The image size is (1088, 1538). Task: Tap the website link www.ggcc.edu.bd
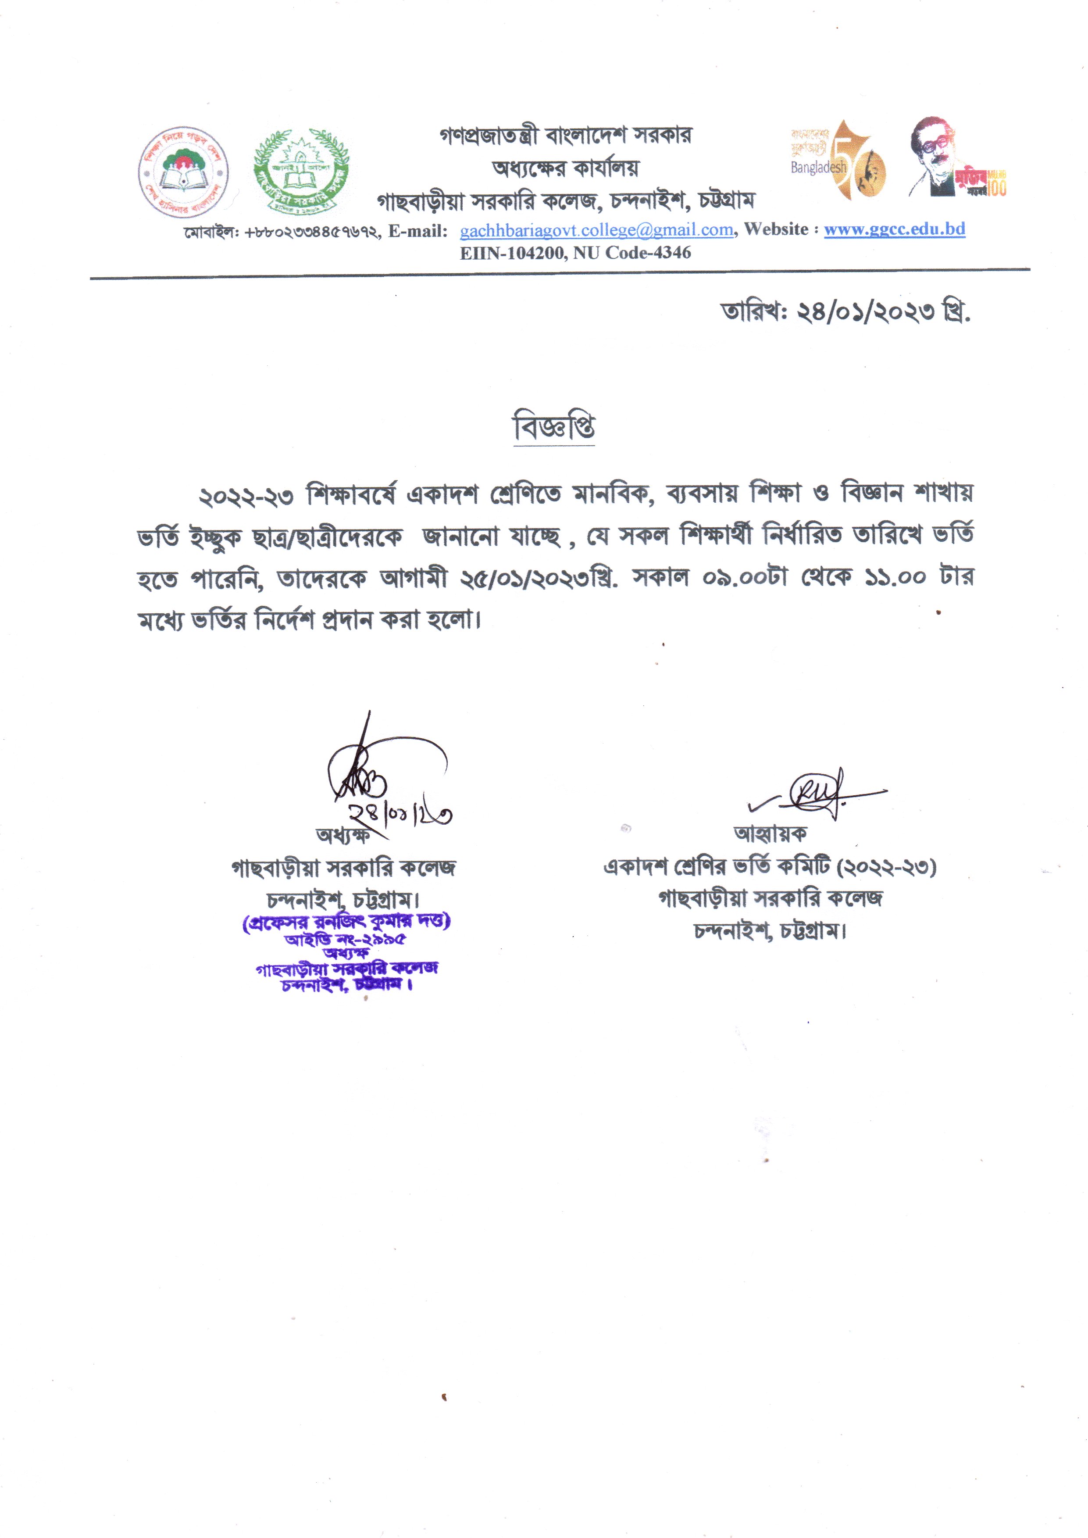[x=894, y=229]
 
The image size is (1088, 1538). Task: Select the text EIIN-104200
[x=512, y=253]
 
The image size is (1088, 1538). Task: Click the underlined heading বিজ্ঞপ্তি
[x=553, y=428]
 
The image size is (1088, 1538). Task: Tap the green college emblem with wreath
[x=301, y=170]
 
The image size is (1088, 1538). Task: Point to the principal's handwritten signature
[x=375, y=777]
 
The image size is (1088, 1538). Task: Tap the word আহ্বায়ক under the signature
[x=771, y=833]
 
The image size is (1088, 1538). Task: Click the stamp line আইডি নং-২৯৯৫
[x=345, y=939]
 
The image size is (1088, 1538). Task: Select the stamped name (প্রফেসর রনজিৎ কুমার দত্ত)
[x=346, y=922]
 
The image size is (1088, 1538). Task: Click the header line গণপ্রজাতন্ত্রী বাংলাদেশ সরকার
[x=565, y=136]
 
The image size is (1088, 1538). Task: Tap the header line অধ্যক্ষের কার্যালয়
[x=565, y=168]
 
